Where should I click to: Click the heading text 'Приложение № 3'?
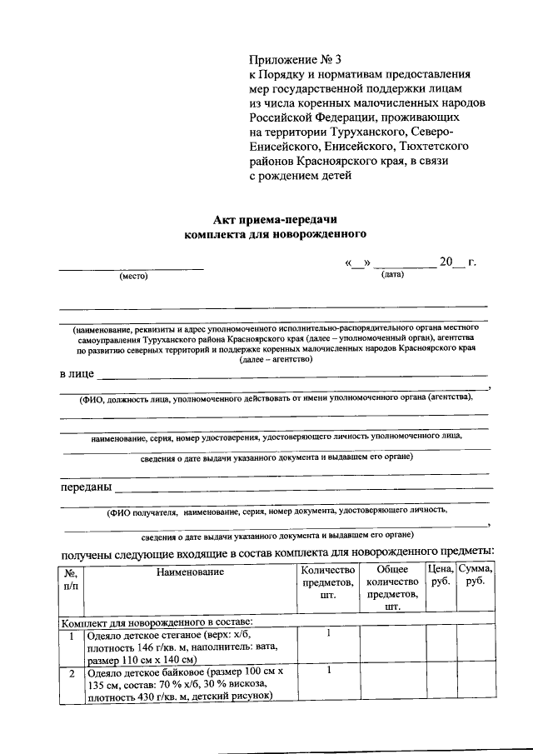point(296,60)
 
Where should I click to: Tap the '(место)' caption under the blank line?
point(132,277)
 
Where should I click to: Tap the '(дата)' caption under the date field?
point(392,274)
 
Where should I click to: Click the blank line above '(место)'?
point(131,267)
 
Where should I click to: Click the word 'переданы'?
point(86,487)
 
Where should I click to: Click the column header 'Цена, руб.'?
point(440,576)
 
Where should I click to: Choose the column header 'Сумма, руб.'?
point(476,576)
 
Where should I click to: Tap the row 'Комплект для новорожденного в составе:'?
point(157,622)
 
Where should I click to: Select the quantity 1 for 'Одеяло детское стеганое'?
point(328,634)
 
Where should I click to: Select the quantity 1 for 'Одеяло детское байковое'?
point(328,671)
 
